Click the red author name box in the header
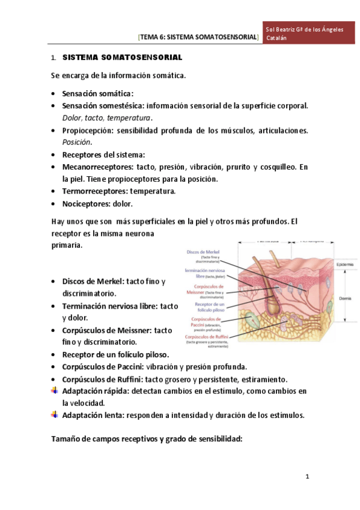click(305, 34)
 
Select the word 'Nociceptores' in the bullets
click(87, 204)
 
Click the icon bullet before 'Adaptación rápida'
click(55, 391)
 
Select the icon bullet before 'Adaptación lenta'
click(55, 415)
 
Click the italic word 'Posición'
click(77, 143)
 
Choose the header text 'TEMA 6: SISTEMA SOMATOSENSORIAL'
click(198, 37)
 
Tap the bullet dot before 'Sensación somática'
click(55, 94)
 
